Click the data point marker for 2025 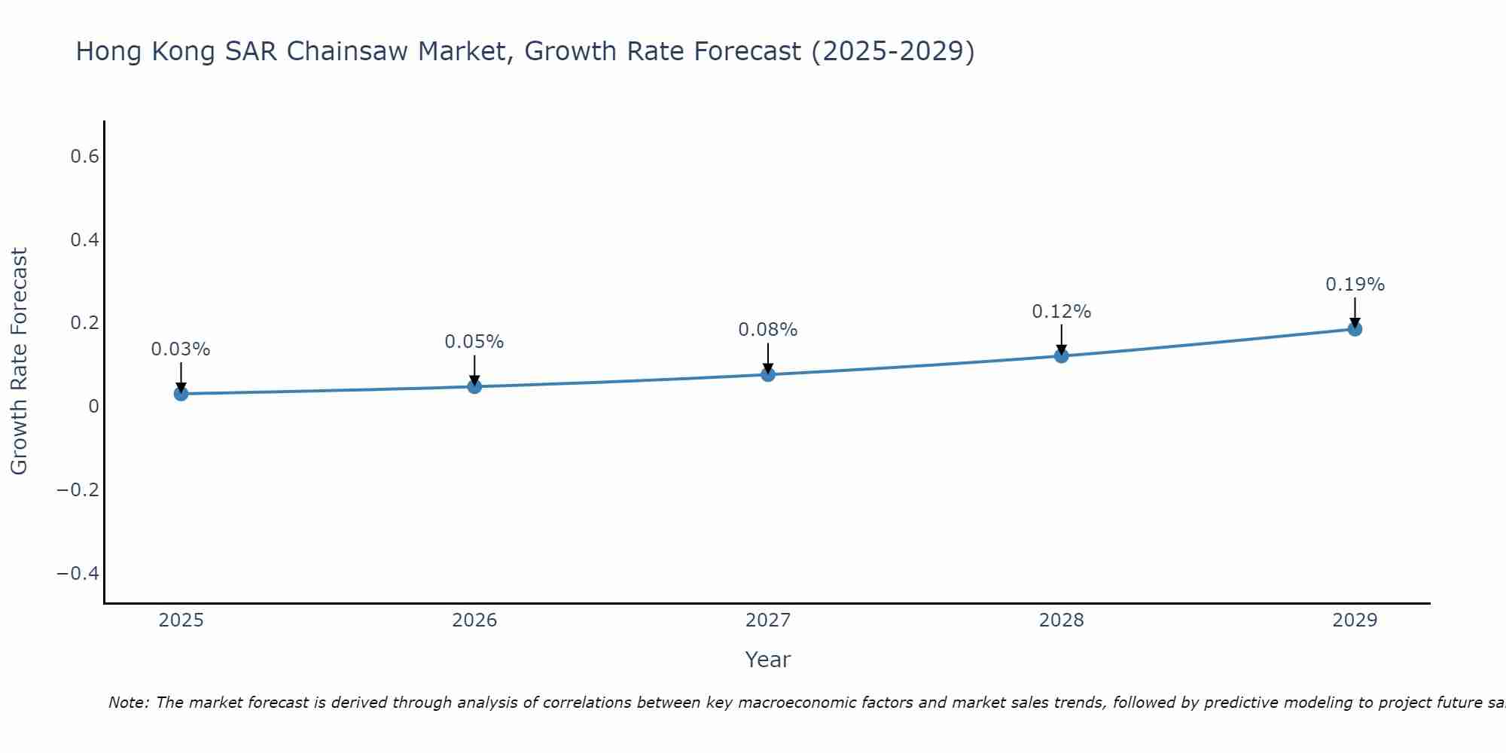(x=181, y=393)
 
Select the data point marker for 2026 (x=474, y=386)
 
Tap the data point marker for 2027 (x=768, y=374)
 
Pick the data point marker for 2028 (x=1061, y=355)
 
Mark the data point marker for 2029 (x=1355, y=328)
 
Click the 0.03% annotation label (x=181, y=349)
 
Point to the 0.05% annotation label (x=474, y=342)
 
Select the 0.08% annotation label (x=768, y=330)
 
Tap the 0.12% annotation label (x=1061, y=312)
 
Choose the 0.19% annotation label (x=1355, y=285)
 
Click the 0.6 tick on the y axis (x=84, y=157)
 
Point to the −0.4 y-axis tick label (x=78, y=574)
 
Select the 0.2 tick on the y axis (x=84, y=323)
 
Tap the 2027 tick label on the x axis (x=768, y=620)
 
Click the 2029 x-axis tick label (x=1355, y=620)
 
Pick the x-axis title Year (x=768, y=660)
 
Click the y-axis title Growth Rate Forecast (x=20, y=361)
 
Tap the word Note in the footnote (x=128, y=703)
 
